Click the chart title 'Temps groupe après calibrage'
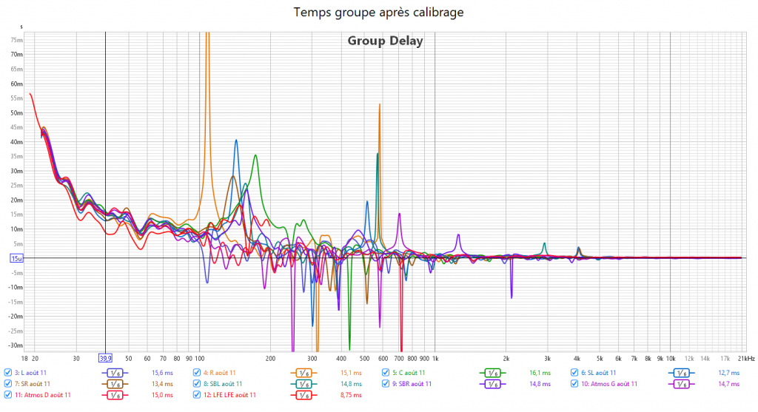pos(379,13)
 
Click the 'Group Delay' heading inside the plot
pos(385,41)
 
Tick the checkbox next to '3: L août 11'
pos(7,373)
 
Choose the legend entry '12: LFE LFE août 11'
pos(229,395)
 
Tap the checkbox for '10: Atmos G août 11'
pos(574,384)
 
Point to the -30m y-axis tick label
pos(16,345)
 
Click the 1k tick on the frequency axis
pos(435,357)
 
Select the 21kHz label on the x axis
pos(745,357)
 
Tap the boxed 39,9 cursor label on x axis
pos(106,358)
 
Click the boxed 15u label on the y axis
pos(16,258)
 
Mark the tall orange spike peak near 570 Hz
pos(380,105)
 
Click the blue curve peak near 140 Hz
pos(236,141)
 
